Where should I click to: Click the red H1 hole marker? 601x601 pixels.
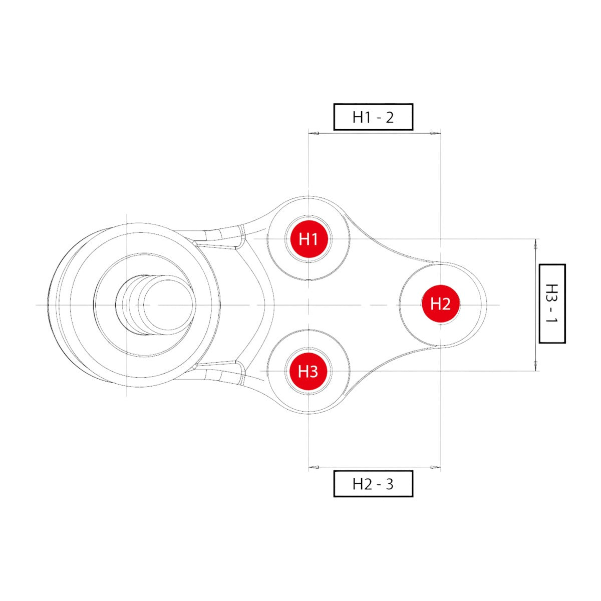[309, 239]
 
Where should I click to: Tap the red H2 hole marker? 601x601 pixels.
[440, 303]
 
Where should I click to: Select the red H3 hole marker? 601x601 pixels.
[308, 371]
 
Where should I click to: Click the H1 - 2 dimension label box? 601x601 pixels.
[373, 117]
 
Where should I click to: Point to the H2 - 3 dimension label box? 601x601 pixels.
[373, 484]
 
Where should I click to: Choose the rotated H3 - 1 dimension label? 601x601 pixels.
[552, 304]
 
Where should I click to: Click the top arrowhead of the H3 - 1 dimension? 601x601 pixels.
[535, 244]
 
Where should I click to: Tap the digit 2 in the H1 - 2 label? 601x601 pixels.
[390, 118]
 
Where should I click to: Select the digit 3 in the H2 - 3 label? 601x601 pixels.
[390, 484]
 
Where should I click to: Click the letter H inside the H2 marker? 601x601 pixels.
[435, 304]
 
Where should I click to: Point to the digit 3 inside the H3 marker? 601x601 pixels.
[314, 372]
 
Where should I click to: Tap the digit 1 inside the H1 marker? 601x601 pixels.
[314, 239]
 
